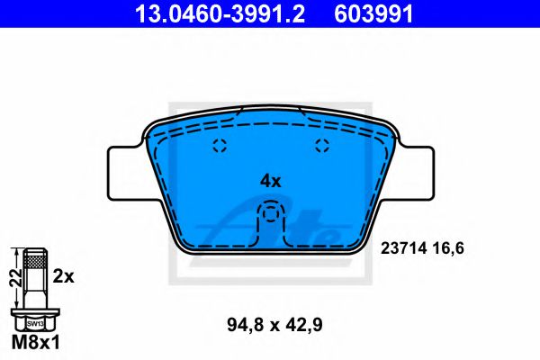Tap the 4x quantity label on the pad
[x=271, y=180]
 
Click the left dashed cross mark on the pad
[x=217, y=148]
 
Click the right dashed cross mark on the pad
[x=323, y=148]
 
